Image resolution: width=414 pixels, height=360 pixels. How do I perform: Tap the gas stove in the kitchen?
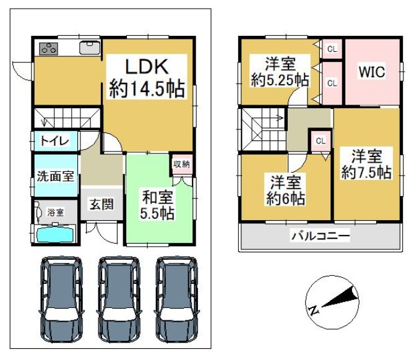coord(49,49)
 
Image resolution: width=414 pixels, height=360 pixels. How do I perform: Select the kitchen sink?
coord(90,48)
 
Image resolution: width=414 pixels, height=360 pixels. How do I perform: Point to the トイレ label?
coord(55,141)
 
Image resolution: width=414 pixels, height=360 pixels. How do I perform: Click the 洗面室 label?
coord(55,176)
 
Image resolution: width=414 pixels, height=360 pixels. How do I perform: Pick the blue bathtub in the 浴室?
coord(55,234)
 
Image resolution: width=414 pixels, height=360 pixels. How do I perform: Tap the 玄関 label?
coord(101,204)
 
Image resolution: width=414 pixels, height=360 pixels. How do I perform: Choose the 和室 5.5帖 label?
coord(157,205)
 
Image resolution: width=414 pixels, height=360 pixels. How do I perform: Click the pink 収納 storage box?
coord(182,165)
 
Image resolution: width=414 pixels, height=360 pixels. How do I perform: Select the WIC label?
coord(372,71)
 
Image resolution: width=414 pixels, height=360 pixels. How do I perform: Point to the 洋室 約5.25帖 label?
coord(280,72)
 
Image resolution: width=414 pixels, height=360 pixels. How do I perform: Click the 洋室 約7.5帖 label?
coord(366,165)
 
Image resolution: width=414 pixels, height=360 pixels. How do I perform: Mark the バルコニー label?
coord(321,236)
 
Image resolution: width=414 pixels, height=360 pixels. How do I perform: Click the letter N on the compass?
coord(313,311)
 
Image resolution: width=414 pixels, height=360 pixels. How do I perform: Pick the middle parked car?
coord(119,299)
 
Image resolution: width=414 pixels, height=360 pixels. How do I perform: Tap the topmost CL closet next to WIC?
coord(332,49)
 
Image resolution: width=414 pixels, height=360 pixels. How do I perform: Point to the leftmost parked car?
coord(61,299)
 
